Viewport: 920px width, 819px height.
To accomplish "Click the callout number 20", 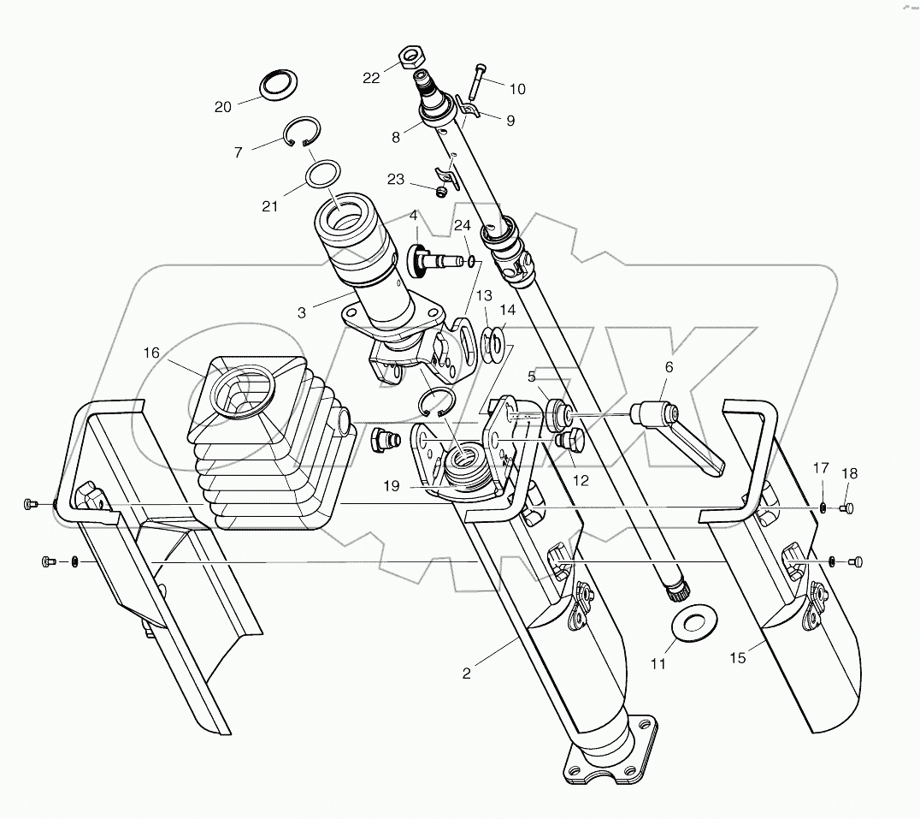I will coord(223,107).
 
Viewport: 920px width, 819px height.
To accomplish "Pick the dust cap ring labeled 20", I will coord(276,85).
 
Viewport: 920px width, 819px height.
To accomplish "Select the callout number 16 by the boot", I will coord(151,352).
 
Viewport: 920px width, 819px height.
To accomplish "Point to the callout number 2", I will coord(466,673).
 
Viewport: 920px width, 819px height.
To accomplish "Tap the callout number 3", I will coord(301,312).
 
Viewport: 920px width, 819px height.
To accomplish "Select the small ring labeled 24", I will coord(470,261).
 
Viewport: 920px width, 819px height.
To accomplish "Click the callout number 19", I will coord(392,485).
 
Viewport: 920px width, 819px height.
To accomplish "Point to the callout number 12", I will coord(581,481).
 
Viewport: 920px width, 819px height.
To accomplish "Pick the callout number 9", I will coord(510,121).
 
